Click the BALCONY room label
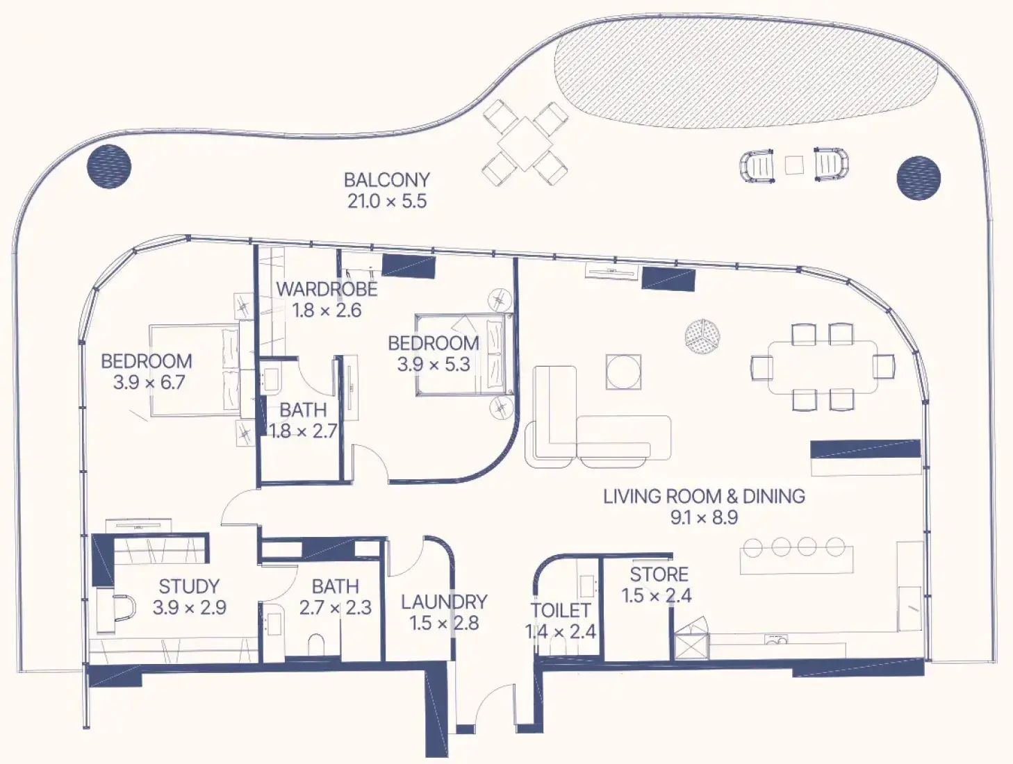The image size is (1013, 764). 387,180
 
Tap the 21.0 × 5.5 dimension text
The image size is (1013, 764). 387,201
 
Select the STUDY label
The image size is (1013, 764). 189,586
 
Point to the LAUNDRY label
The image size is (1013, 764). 444,602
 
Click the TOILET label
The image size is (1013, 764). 560,611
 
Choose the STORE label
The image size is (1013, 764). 659,574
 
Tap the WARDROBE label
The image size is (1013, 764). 327,289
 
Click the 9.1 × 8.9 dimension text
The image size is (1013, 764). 705,517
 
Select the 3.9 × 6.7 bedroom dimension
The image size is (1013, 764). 149,383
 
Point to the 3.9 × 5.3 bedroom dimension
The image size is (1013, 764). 434,365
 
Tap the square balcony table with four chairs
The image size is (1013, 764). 525,144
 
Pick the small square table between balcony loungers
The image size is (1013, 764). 794,165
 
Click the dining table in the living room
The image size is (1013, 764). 823,367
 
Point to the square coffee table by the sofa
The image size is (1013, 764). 623,372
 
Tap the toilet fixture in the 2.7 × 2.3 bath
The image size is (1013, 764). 317,645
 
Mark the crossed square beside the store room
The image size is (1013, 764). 691,646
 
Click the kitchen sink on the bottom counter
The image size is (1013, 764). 776,640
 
